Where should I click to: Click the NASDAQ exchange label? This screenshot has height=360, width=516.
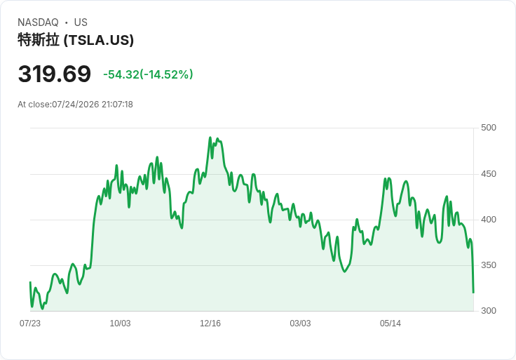[x=38, y=22]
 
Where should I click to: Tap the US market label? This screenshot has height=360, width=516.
[x=81, y=22]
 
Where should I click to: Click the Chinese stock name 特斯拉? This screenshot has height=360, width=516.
[x=39, y=40]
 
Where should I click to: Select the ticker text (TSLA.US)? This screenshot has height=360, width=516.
[x=99, y=41]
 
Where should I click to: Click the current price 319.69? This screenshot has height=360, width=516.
[x=54, y=74]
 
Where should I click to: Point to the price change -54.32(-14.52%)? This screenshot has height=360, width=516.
[x=148, y=74]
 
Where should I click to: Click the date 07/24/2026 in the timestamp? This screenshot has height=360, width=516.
[x=76, y=105]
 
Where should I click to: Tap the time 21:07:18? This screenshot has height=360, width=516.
[x=118, y=105]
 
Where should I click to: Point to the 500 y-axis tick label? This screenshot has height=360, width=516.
[x=489, y=128]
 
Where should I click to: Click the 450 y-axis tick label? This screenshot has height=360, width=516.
[x=489, y=174]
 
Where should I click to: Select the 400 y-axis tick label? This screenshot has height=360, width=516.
[x=489, y=220]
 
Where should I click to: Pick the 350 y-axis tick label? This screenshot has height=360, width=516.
[x=489, y=265]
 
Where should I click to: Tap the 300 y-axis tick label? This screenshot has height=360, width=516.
[x=489, y=311]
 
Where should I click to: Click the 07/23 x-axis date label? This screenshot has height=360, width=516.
[x=30, y=324]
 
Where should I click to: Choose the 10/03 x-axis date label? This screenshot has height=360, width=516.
[x=120, y=324]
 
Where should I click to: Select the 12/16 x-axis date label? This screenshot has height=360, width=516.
[x=210, y=324]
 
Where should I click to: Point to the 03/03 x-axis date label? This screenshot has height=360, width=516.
[x=300, y=324]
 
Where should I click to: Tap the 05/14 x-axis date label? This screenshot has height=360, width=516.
[x=391, y=324]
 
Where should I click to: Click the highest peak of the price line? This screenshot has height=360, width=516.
[x=210, y=138]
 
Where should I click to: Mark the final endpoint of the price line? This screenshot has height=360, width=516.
[x=473, y=292]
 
